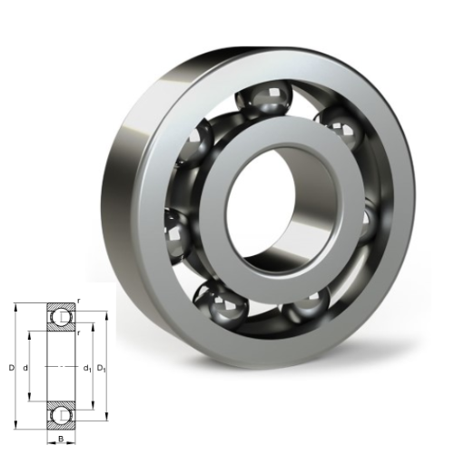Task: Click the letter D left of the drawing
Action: tap(12, 369)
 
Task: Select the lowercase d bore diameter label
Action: tap(25, 369)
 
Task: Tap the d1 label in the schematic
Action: tap(87, 369)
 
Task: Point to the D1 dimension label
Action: tap(102, 369)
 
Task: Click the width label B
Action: tap(61, 439)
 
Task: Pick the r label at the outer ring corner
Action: tap(79, 301)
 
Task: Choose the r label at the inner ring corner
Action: tap(79, 333)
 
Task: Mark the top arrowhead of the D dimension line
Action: tap(15, 306)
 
